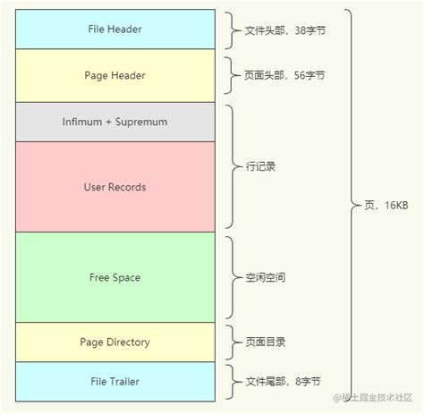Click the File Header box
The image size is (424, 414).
114,30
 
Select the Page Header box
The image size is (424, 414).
114,75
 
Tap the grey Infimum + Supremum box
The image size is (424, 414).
114,122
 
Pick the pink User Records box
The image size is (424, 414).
114,187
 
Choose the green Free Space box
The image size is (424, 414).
114,277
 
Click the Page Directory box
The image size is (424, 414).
114,342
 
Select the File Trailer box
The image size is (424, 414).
114,381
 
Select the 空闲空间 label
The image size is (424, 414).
267,277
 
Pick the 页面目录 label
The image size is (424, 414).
267,342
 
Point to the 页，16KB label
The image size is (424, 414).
386,206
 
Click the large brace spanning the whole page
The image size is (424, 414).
351,206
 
